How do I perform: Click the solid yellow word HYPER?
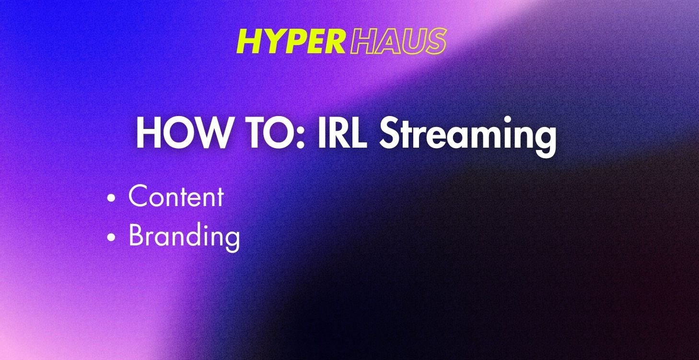coord(291,42)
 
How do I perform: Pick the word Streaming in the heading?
coord(467,135)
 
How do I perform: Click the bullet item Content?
coord(176,197)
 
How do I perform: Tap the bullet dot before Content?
coord(112,197)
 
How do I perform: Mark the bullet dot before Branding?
coord(112,237)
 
